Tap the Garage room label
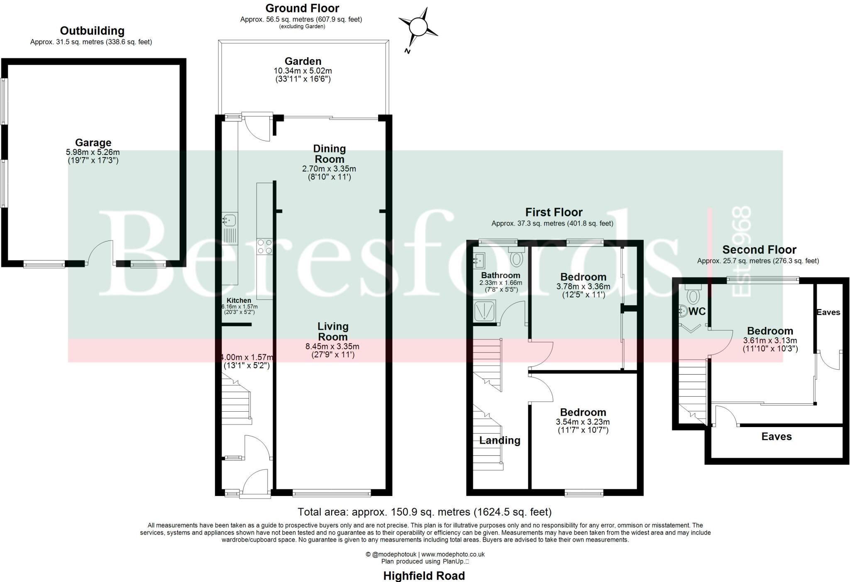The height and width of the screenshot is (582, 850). pos(93,143)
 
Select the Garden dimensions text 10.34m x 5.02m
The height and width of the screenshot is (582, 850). pos(303,71)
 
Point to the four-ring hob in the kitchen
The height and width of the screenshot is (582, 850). pos(265,246)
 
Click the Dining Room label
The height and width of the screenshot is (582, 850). pos(330,154)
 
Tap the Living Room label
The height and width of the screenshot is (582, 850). pos(333,332)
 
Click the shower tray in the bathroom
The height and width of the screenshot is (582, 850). pos(485,311)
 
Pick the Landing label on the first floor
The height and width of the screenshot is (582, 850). pos(500,440)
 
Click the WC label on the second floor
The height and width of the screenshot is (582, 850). pos(697,312)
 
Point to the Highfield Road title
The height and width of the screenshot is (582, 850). pos(424,576)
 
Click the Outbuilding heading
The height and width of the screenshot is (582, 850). pos(92,31)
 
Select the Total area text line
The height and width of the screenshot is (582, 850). pos(425,512)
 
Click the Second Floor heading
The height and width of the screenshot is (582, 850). pos(759,250)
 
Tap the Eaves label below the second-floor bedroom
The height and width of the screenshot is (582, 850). pos(777,436)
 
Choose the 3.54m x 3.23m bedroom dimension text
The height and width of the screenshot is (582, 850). pos(583,422)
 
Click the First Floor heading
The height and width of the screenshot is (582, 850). pos(554,212)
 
